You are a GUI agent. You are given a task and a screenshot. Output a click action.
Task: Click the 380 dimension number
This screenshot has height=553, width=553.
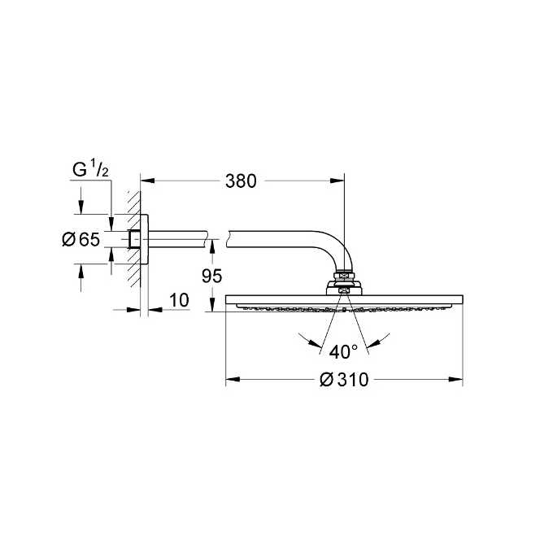point(242,181)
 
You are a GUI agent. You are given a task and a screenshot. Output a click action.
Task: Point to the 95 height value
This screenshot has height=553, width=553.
point(211,276)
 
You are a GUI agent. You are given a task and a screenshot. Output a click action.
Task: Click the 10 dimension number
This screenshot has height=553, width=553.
point(179,300)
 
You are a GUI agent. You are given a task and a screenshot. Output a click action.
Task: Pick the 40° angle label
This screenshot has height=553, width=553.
point(344,351)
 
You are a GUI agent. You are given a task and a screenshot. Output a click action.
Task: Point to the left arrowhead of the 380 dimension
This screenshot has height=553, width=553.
point(146,181)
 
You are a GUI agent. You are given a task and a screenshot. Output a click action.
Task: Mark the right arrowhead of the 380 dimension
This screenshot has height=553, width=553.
point(339,181)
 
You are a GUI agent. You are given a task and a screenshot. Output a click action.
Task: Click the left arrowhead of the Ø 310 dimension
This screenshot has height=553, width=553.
point(231,380)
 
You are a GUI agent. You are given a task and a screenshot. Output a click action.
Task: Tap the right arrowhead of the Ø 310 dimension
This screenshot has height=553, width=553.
point(457,380)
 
